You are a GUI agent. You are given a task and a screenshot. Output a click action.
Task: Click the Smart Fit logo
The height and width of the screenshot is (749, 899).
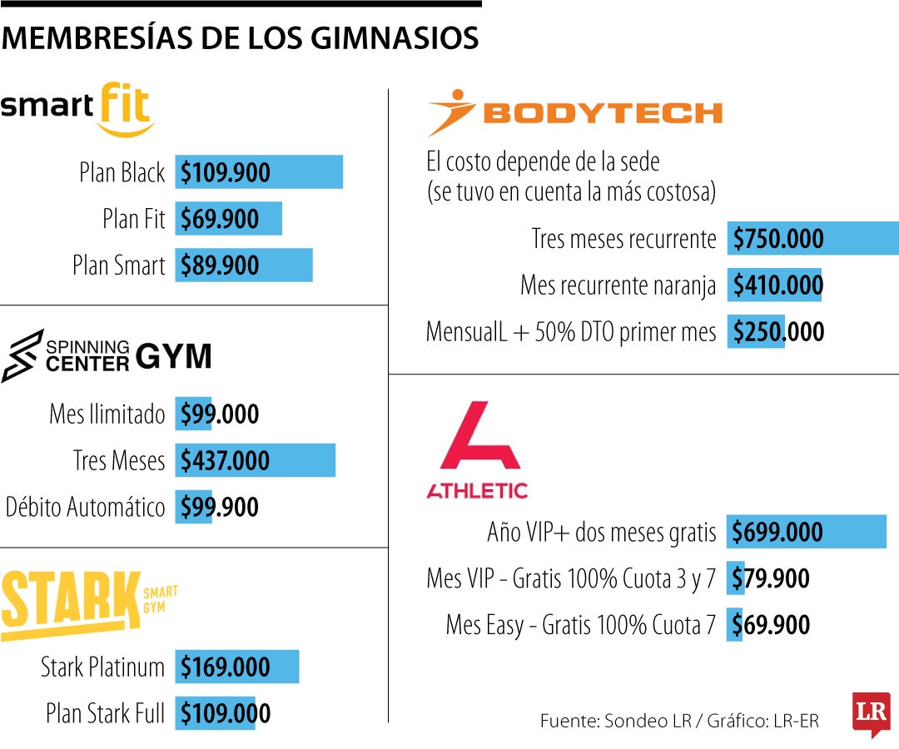point(77,108)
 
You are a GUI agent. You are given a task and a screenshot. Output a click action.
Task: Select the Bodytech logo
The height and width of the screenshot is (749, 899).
point(574,113)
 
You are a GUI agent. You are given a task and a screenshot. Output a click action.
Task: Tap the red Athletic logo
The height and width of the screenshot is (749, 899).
point(477,449)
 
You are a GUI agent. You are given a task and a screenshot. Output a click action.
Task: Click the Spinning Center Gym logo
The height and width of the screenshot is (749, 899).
point(106,356)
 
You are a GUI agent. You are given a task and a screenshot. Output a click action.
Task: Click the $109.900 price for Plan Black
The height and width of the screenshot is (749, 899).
point(226,173)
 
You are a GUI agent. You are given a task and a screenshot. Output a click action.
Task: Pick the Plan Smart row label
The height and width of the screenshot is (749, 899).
point(119,266)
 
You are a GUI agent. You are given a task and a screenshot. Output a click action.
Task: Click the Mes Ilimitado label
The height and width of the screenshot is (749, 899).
point(107,414)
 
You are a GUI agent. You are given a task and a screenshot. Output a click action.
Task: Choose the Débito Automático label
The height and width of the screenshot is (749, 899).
point(86,508)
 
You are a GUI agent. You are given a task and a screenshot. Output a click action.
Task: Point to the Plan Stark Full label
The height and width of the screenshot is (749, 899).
point(105,714)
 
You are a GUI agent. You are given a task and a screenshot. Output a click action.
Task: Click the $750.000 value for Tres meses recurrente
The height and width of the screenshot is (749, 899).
point(778,240)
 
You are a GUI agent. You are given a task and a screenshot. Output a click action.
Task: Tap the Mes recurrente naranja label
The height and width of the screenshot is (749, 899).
point(618,286)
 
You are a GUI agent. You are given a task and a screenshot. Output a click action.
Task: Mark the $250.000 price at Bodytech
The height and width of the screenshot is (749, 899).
point(778,333)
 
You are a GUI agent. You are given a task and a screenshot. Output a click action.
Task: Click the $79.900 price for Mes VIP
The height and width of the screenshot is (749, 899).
point(771,579)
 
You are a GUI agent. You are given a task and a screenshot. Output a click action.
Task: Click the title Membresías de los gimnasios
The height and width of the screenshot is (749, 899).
point(241,38)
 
